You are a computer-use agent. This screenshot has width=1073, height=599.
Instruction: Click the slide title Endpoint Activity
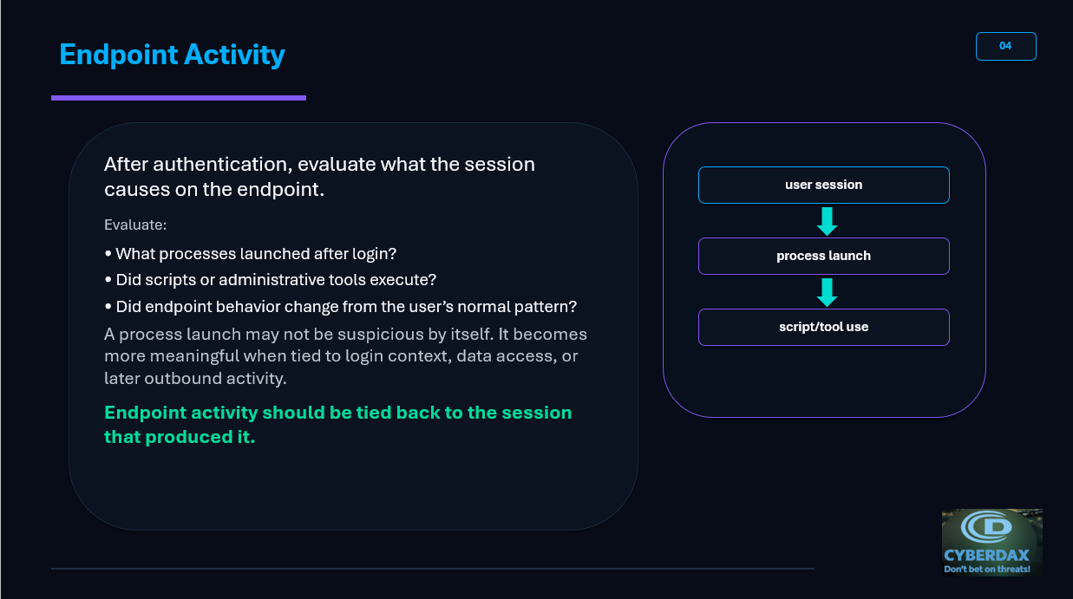(172, 55)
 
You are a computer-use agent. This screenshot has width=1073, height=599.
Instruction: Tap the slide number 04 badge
(1006, 47)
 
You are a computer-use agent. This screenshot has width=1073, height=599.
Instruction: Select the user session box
(824, 185)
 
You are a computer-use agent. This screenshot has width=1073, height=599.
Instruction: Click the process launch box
(824, 257)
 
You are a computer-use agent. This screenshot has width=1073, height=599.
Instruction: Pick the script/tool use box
(824, 327)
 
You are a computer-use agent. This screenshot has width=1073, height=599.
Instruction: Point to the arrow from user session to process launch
(828, 221)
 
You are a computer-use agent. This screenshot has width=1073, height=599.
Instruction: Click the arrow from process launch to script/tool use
(828, 292)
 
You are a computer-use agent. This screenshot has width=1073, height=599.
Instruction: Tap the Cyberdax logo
(992, 542)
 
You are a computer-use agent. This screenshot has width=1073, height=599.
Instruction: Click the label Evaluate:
(135, 225)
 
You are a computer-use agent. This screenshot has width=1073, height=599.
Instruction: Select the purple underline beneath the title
(179, 98)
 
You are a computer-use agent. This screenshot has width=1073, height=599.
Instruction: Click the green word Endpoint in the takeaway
(145, 413)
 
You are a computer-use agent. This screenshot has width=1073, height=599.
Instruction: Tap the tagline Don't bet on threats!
(987, 569)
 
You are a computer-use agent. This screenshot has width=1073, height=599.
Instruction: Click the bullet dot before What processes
(108, 253)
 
